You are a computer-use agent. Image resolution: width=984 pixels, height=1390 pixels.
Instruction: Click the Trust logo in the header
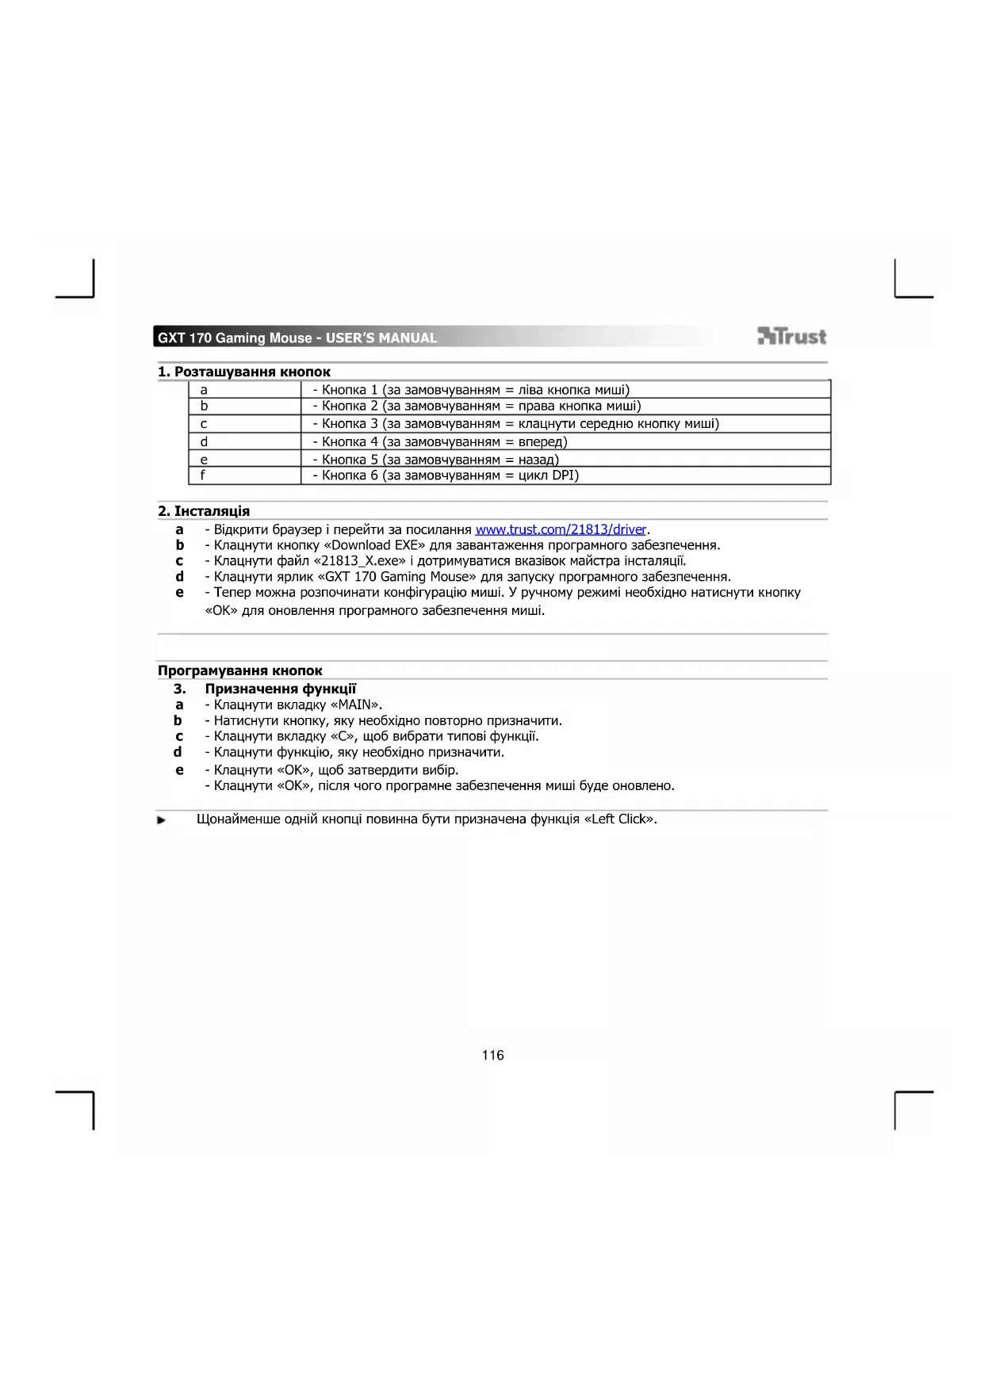point(791,337)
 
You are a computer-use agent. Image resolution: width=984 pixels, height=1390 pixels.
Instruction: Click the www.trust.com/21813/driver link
point(561,529)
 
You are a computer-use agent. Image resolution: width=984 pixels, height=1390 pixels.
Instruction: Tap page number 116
point(492,1055)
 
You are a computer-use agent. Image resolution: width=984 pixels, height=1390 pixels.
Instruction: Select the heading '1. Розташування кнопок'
point(244,372)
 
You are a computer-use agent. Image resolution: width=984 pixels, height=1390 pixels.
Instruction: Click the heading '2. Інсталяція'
point(204,511)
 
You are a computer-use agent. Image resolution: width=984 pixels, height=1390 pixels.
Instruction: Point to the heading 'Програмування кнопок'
point(240,670)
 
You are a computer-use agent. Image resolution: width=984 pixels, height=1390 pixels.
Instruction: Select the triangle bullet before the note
point(162,820)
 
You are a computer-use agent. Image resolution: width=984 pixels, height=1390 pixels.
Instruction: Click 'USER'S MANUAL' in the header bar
point(381,338)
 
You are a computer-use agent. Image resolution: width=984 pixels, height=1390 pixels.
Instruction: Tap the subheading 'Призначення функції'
point(281,689)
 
